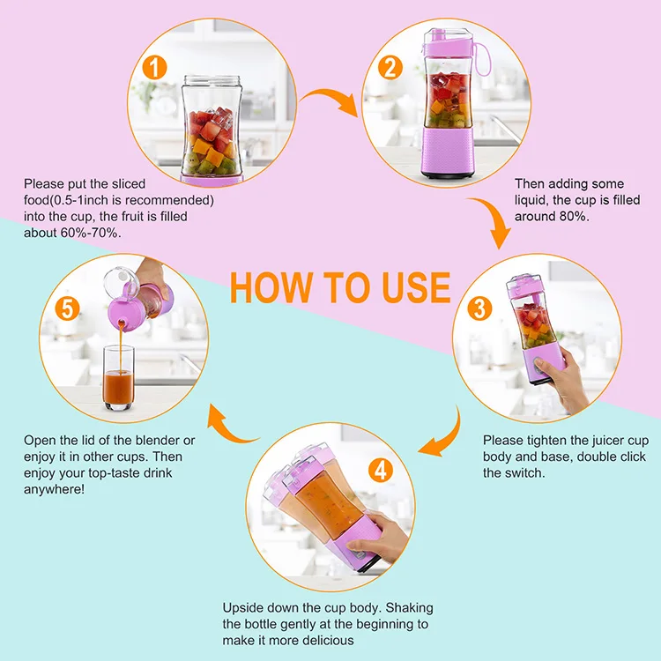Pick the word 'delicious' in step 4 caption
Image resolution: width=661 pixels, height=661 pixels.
click(x=328, y=639)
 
